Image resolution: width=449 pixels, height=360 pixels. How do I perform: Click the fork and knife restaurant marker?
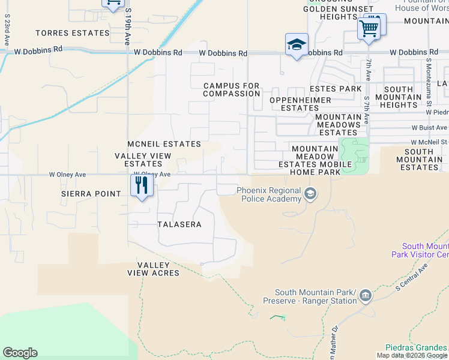pyautogui.click(x=142, y=184)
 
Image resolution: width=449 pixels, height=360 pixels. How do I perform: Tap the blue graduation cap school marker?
pyautogui.click(x=297, y=44)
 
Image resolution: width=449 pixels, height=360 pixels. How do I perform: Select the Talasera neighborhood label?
pyautogui.click(x=179, y=224)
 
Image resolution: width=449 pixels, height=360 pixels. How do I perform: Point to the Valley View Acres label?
pyautogui.click(x=154, y=269)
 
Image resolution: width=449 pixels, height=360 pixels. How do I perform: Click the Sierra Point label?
pyautogui.click(x=91, y=194)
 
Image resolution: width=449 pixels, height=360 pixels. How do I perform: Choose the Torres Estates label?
pyautogui.click(x=73, y=33)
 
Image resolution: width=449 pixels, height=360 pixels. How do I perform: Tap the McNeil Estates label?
pyautogui.click(x=164, y=144)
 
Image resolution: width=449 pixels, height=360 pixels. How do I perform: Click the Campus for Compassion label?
pyautogui.click(x=231, y=90)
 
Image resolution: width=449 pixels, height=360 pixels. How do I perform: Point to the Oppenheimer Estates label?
pyautogui.click(x=300, y=104)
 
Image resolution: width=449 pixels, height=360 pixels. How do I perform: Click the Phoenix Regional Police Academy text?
pyautogui.click(x=269, y=194)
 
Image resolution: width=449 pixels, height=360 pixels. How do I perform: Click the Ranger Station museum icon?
pyautogui.click(x=366, y=295)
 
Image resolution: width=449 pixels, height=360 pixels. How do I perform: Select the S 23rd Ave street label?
pyautogui.click(x=7, y=36)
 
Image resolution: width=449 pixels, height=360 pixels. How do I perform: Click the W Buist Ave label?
pyautogui.click(x=429, y=128)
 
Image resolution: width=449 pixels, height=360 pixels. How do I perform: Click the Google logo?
pyautogui.click(x=20, y=353)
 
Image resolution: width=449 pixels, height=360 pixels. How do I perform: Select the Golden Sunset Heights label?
pyautogui.click(x=338, y=13)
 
